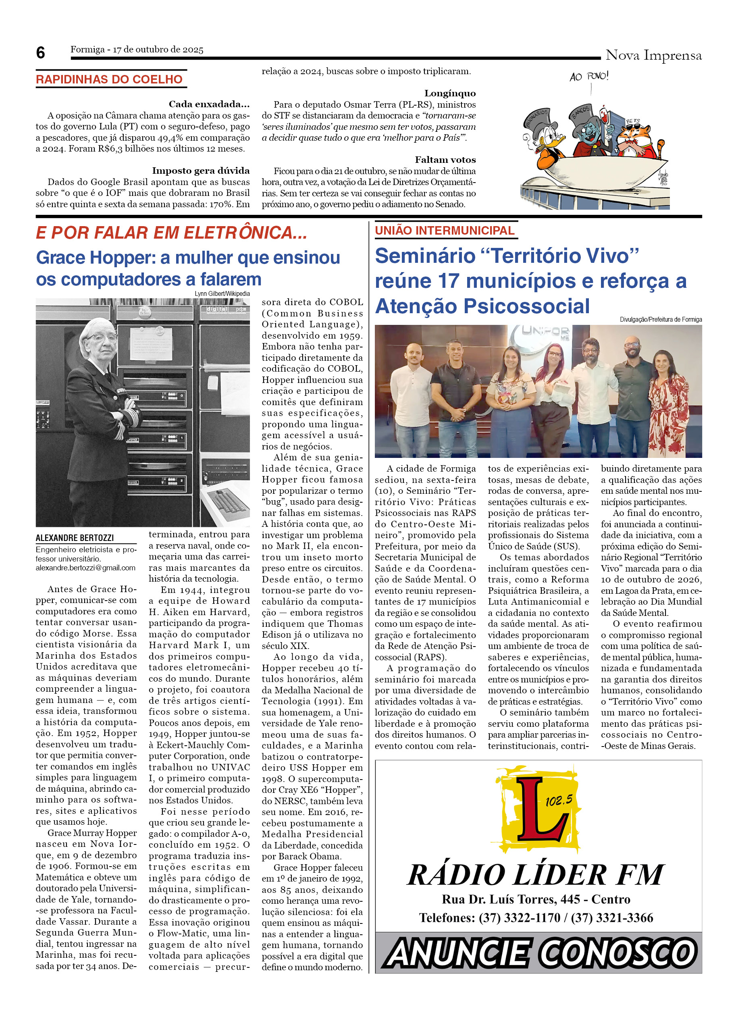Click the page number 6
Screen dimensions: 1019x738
click(x=40, y=53)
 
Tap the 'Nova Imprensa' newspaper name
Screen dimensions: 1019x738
click(x=653, y=55)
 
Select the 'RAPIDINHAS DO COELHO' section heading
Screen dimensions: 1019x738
click(x=109, y=79)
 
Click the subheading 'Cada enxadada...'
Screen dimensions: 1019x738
click(x=209, y=104)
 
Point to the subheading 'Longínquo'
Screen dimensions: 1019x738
click(x=450, y=94)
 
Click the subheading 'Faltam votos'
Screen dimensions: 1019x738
click(x=445, y=160)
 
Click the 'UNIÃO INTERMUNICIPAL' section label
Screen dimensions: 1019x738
click(x=444, y=231)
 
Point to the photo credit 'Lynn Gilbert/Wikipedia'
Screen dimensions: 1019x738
click(x=222, y=294)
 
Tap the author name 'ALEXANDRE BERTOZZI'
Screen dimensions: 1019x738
click(x=75, y=538)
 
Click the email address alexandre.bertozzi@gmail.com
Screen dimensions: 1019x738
click(x=85, y=568)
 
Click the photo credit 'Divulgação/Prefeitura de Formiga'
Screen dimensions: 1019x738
click(x=660, y=320)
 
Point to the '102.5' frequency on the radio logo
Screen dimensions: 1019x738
click(x=559, y=800)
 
